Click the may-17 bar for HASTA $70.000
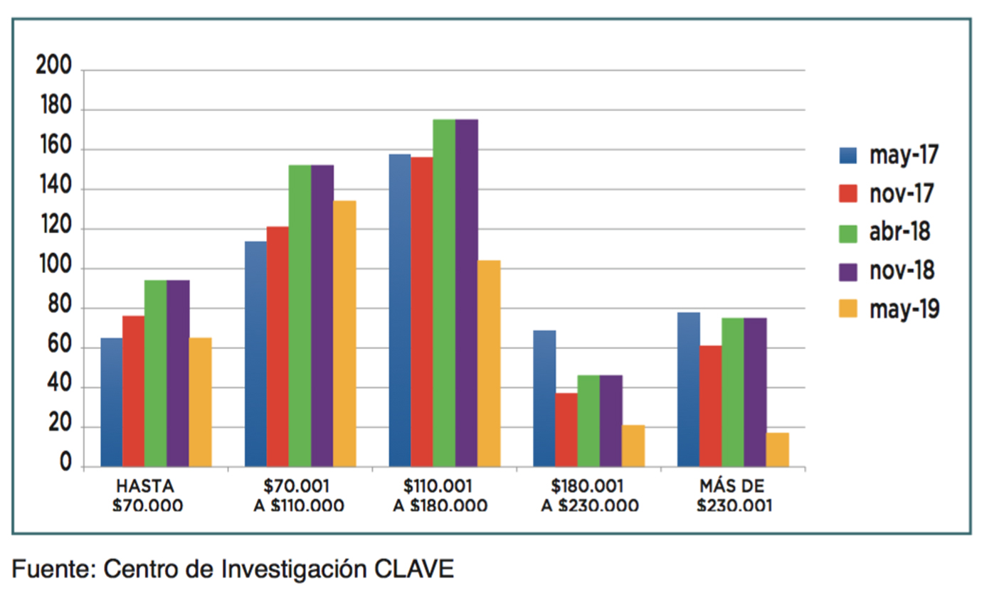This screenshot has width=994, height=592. click(x=112, y=402)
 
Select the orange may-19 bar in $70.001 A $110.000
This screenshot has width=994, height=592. click(x=344, y=334)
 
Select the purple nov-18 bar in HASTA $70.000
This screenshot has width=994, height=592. click(x=178, y=374)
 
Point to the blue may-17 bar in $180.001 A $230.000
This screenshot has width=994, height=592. click(x=544, y=399)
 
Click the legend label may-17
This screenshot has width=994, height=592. click(x=903, y=156)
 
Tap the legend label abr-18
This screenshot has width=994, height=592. click(x=899, y=232)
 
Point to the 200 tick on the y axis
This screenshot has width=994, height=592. click(x=54, y=68)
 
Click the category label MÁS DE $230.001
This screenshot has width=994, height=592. click(x=734, y=496)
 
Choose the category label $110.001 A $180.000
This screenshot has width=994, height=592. click(x=440, y=496)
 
